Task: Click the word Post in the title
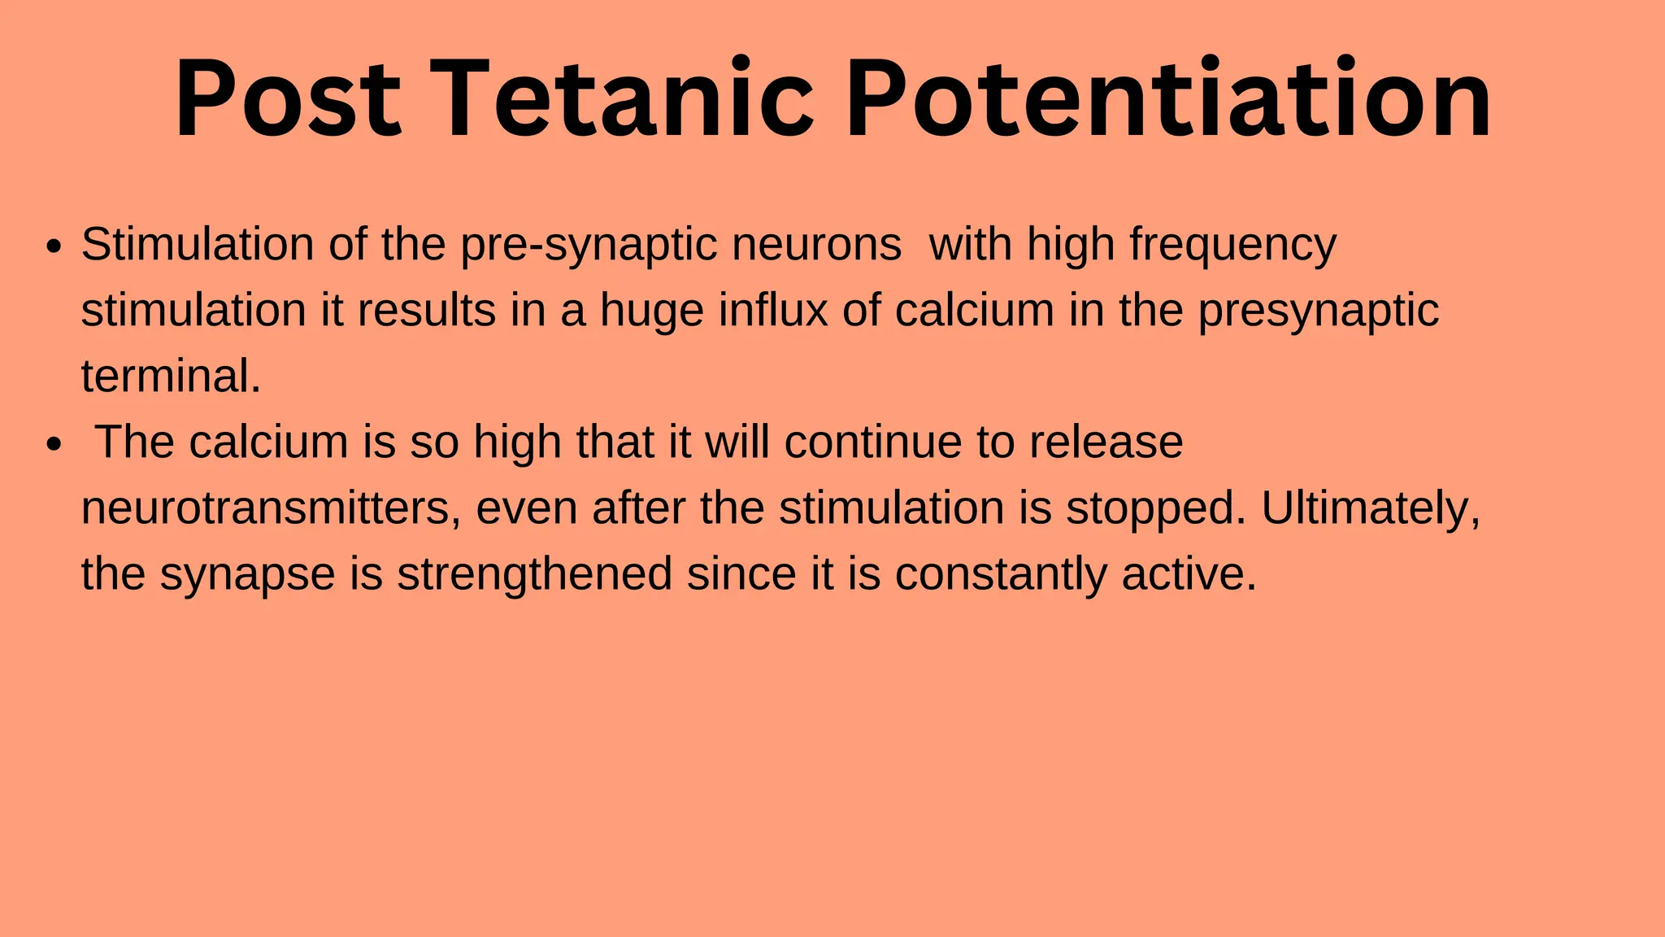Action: coord(288,100)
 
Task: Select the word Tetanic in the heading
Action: coord(622,100)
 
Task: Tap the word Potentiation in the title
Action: coord(1167,100)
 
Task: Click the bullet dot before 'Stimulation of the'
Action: coord(54,246)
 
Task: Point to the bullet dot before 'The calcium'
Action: coord(54,445)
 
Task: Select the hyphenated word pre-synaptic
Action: coord(589,245)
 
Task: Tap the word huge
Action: coord(651,312)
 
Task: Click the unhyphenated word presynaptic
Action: coord(1318,312)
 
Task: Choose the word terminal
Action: coord(171,376)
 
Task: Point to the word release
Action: coord(1106,442)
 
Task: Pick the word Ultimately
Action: coord(1371,508)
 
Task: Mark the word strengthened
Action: coord(534,574)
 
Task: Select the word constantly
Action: coord(1001,574)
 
